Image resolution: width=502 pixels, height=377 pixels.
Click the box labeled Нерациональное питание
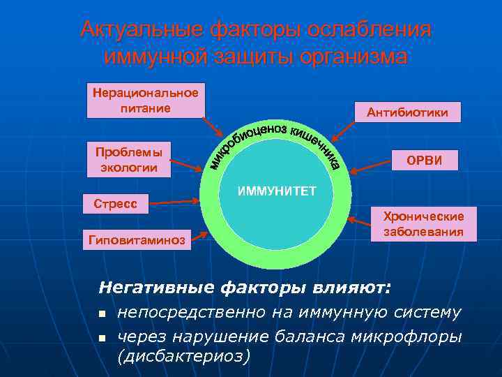(146, 101)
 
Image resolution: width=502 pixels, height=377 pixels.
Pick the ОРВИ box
(425, 161)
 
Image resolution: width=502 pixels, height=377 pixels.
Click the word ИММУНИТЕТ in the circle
(277, 191)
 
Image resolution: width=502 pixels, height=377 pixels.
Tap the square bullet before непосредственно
(102, 313)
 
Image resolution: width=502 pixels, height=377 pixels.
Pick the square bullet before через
(102, 338)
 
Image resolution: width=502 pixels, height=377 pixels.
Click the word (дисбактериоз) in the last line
(183, 355)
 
